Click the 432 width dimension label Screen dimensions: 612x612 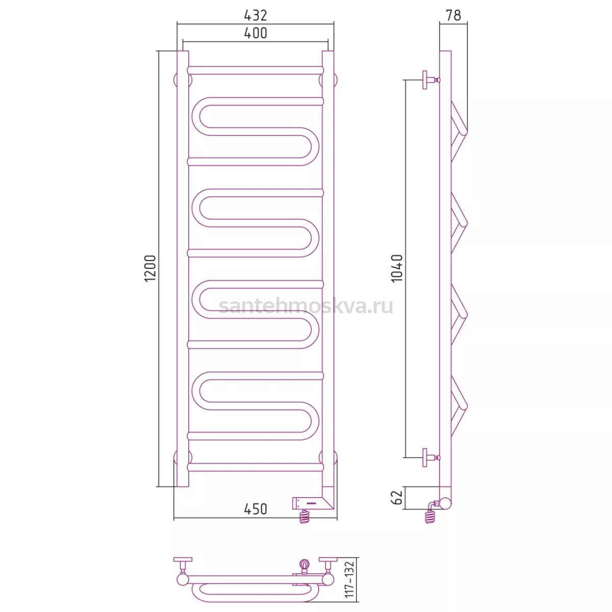(256, 15)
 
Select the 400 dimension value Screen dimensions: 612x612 (256, 33)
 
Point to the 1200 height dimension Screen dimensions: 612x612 (150, 268)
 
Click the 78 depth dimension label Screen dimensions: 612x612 (453, 15)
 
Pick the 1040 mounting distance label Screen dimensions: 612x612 (397, 268)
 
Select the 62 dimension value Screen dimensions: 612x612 (397, 497)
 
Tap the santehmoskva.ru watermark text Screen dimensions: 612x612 (306, 306)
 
